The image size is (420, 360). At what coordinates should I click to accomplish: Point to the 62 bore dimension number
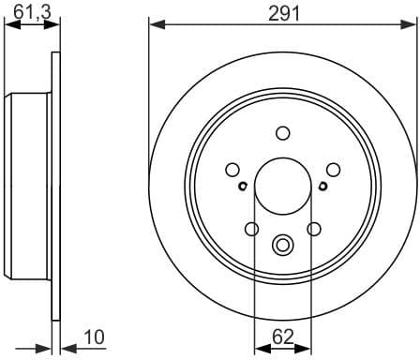tap(282, 333)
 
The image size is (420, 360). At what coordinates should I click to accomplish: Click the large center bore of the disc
tap(282, 184)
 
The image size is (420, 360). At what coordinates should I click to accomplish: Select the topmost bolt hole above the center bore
tap(282, 133)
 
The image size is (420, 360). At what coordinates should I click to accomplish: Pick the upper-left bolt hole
tap(232, 170)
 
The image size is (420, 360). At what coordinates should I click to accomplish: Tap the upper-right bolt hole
tap(332, 170)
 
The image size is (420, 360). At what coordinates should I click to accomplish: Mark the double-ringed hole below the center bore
tap(282, 246)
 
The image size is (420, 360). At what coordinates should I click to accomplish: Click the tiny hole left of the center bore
tap(242, 185)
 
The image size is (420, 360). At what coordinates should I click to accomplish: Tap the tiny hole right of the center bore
tap(322, 185)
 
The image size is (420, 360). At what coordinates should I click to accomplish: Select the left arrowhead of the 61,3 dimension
tap(9, 25)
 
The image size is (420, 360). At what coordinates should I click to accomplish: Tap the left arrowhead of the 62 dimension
tap(260, 347)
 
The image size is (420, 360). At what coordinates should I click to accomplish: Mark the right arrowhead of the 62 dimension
tap(305, 347)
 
